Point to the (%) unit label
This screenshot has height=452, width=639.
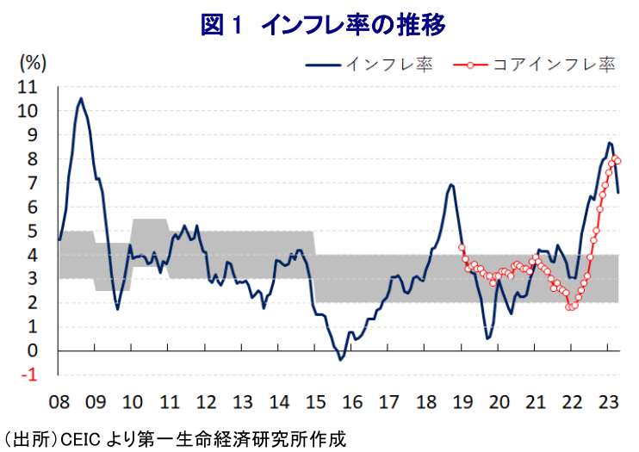click(33, 62)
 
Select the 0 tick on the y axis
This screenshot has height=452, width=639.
click(33, 350)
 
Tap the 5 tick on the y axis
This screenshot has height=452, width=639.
click(33, 231)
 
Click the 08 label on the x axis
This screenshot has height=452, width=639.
click(59, 402)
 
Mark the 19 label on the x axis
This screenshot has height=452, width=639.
click(461, 402)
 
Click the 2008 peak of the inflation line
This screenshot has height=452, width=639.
click(81, 98)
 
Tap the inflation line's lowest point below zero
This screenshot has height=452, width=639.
click(340, 359)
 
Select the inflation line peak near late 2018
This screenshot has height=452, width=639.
click(450, 184)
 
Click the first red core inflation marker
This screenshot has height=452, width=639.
click(462, 247)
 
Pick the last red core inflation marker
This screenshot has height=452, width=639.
click(618, 161)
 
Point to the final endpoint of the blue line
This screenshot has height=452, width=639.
click(618, 193)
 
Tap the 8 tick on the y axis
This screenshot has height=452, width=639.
click(33, 158)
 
